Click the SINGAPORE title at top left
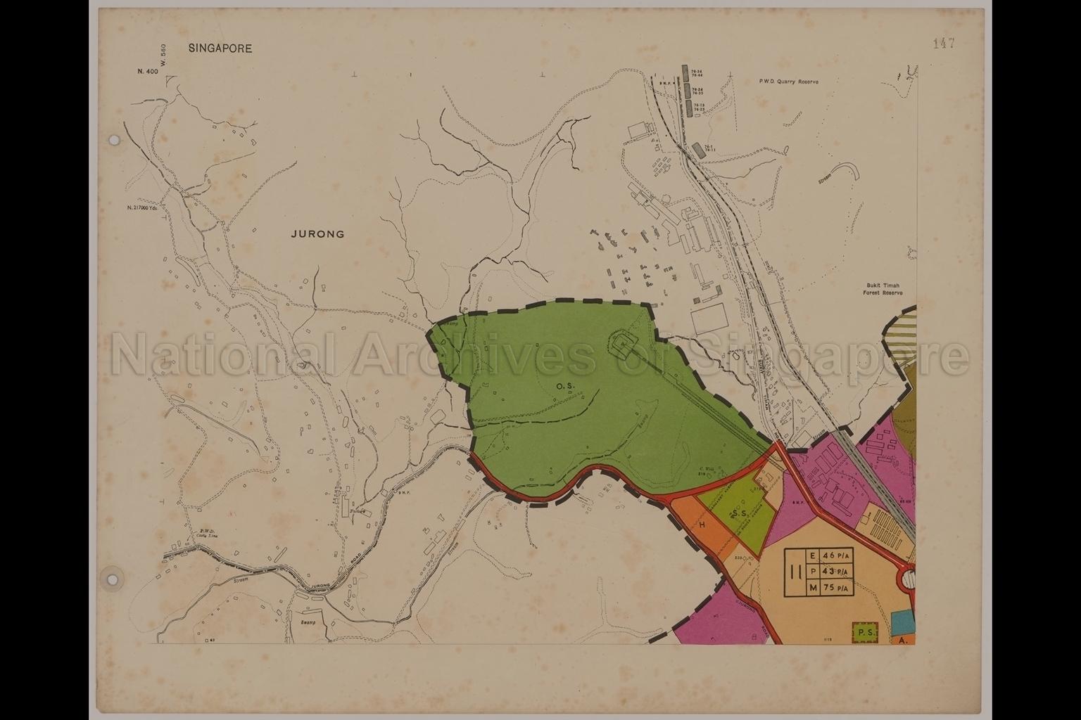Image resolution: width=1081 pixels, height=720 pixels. click(220, 49)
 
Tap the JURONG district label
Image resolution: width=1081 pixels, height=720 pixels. click(317, 234)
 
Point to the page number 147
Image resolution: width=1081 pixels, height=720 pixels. click(943, 44)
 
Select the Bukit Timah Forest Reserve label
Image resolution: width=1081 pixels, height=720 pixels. click(883, 290)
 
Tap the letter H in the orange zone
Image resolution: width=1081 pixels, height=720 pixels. click(702, 525)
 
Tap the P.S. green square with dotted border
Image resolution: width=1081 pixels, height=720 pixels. click(864, 634)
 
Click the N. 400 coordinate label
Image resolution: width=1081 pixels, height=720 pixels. click(147, 72)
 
